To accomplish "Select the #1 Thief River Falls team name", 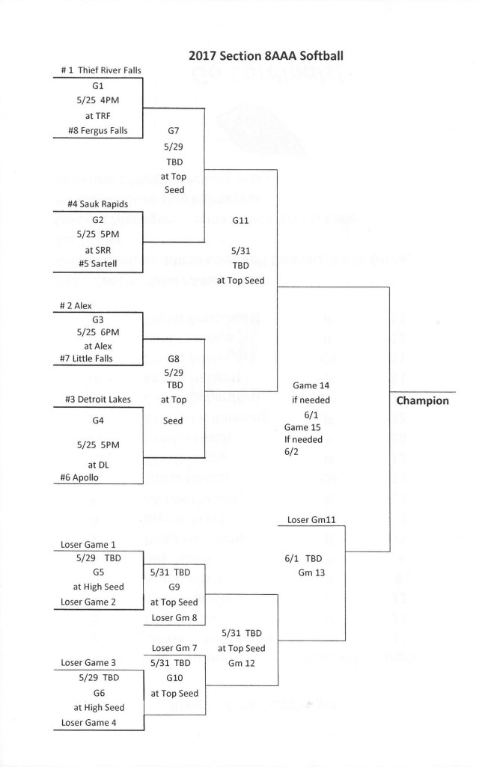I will (100, 70).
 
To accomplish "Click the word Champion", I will (422, 400).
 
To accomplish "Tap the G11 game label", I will (240, 221).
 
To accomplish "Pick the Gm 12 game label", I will (241, 663).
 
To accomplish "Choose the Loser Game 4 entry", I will (91, 722).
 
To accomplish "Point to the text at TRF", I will (97, 115).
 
